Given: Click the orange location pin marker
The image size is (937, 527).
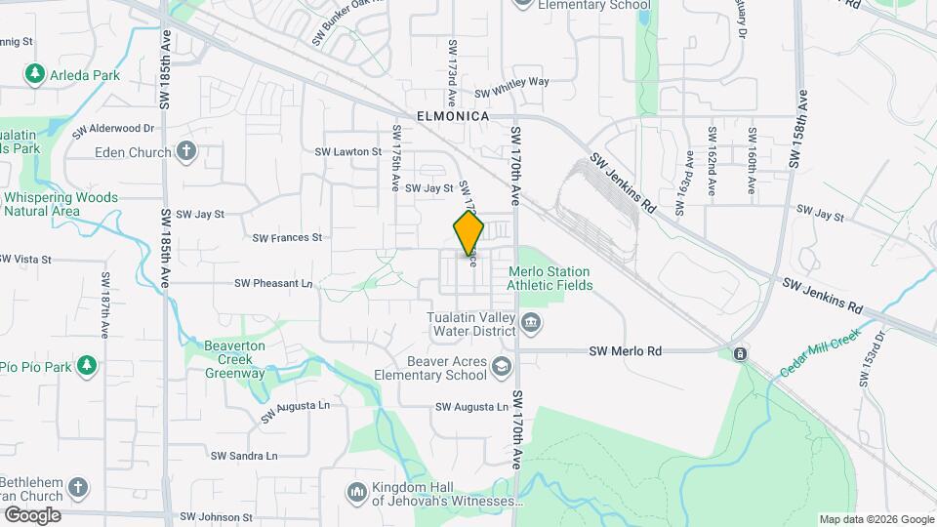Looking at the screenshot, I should (x=468, y=233).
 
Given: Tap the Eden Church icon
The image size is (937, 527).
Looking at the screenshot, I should (x=186, y=151).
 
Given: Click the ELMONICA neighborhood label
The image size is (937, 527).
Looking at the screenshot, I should (x=452, y=115).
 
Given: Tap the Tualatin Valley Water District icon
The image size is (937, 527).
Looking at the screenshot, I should (x=530, y=323).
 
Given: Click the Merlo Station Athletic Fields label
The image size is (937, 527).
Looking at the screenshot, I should (x=549, y=278).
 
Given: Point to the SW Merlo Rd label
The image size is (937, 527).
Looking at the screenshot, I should (x=626, y=351).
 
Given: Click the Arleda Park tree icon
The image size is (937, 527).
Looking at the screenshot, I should (x=35, y=73).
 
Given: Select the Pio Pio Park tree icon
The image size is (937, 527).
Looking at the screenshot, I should (x=87, y=366).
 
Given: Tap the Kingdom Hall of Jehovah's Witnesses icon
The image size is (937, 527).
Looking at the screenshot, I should (x=355, y=489).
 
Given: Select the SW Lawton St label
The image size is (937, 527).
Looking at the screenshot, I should (x=347, y=151).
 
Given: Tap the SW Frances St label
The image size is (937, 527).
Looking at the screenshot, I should (x=286, y=237).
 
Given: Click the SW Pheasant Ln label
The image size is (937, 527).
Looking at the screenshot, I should (x=272, y=283).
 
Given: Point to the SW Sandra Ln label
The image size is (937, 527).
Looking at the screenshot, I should (x=244, y=456).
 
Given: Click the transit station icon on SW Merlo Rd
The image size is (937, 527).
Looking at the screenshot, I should (x=741, y=352).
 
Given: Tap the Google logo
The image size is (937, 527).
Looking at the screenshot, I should (x=32, y=515).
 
